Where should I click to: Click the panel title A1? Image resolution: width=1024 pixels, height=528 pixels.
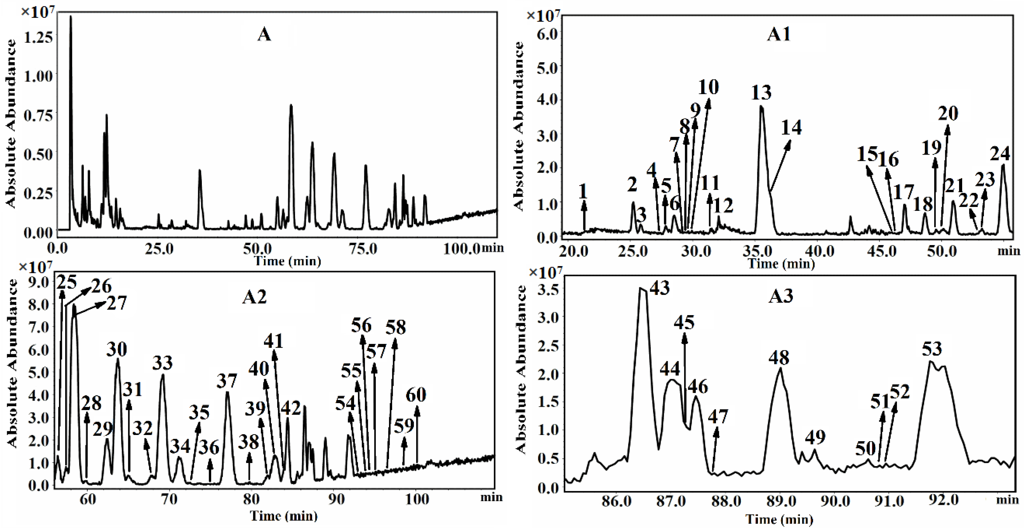coord(779,34)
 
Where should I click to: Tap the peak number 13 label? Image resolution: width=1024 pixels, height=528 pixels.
coord(761,93)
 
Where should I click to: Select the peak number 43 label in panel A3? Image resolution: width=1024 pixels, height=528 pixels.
coord(660,288)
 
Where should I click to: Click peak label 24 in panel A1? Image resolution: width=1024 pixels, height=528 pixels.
coord(999,153)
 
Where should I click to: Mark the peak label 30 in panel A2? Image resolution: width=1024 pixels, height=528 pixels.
coord(117,350)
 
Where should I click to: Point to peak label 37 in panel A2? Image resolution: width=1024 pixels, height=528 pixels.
coord(227,381)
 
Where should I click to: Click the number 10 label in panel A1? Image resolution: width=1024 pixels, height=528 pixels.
coord(708,87)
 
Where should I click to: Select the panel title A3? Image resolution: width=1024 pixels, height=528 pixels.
coord(781,296)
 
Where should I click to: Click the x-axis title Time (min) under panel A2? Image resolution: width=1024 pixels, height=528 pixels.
coord(283,516)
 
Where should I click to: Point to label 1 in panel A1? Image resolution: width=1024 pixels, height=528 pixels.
coord(583,192)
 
